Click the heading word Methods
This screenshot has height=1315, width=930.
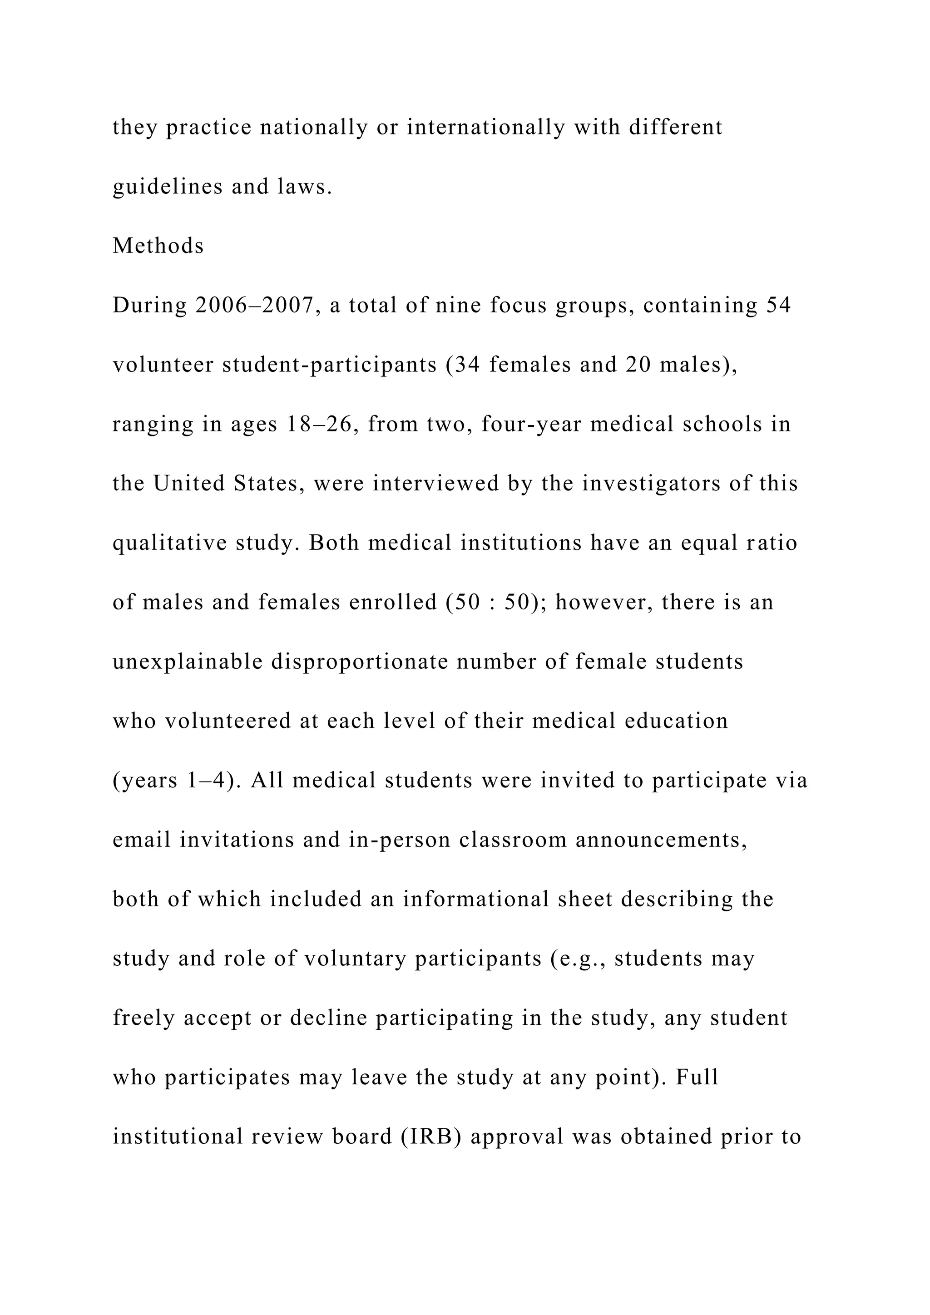tap(158, 246)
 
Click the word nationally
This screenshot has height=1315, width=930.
tap(314, 127)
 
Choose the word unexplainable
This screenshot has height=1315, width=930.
tap(188, 662)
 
